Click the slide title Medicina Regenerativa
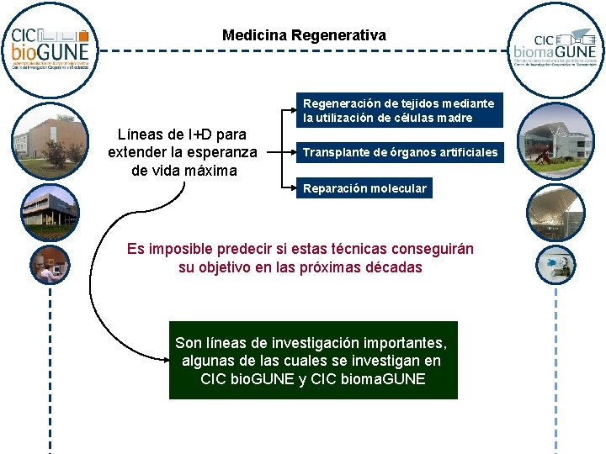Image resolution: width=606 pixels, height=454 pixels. (304, 35)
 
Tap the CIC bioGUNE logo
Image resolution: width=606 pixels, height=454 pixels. (50, 48)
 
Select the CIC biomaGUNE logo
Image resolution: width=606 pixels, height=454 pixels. (555, 49)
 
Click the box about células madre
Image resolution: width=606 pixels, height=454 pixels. (399, 110)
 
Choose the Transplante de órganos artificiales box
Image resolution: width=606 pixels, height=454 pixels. (400, 153)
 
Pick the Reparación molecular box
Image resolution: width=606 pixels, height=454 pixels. (364, 188)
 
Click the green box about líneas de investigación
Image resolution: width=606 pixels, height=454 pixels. (312, 360)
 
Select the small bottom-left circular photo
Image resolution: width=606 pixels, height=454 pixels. (50, 266)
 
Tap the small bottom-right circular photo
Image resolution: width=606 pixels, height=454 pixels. (555, 266)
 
